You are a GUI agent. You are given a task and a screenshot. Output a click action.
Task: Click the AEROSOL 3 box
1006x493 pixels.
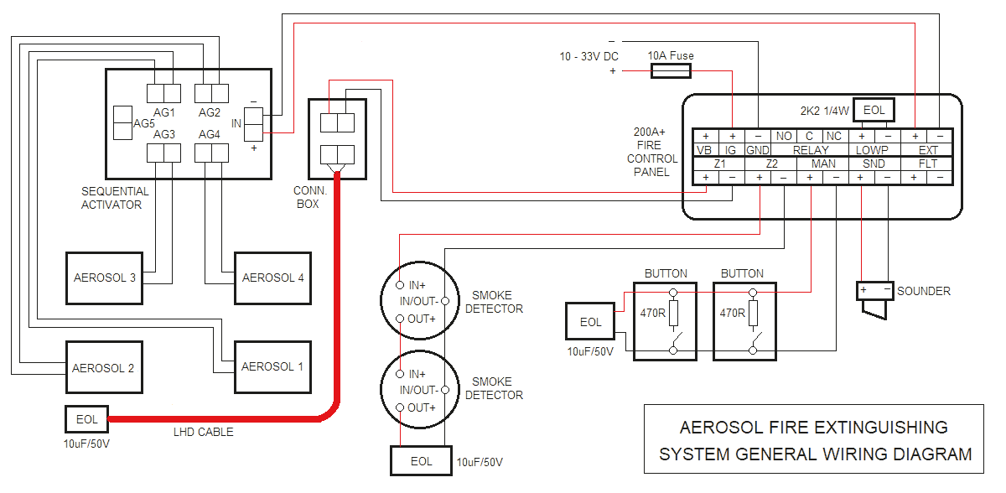(x=105, y=278)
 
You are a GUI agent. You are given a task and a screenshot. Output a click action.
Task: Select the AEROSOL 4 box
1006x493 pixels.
(x=272, y=278)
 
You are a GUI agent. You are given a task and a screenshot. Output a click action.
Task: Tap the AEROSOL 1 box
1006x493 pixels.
(x=272, y=366)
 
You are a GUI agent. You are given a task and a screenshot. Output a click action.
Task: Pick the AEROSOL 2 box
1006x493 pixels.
(x=103, y=368)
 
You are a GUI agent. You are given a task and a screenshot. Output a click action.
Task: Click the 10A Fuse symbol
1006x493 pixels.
(x=671, y=72)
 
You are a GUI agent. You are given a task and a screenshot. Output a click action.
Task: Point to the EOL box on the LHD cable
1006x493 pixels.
(x=86, y=418)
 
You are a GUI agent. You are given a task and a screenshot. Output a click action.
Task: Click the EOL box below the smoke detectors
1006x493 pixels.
(x=422, y=461)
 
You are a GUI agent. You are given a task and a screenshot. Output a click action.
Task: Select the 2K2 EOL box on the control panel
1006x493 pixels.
(x=874, y=110)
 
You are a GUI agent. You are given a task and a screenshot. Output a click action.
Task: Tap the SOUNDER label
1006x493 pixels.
(x=924, y=291)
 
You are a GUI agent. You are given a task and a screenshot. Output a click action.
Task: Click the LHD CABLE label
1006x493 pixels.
(x=202, y=432)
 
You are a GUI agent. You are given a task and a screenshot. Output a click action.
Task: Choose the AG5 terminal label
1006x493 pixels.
(x=144, y=123)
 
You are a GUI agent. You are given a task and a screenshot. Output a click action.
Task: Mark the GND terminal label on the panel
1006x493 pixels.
(x=758, y=150)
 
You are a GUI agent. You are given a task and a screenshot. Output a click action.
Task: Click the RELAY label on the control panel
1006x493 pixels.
(x=810, y=150)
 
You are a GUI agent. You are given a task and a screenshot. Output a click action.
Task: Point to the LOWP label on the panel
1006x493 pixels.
(x=872, y=150)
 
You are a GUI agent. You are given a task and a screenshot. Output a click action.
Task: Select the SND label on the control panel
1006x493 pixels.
(x=874, y=163)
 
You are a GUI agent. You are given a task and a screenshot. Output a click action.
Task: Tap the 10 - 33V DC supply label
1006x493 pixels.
(x=589, y=57)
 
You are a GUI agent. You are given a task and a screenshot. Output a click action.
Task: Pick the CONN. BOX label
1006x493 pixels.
(x=309, y=197)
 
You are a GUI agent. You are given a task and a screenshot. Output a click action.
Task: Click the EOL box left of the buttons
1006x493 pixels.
(x=590, y=322)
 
